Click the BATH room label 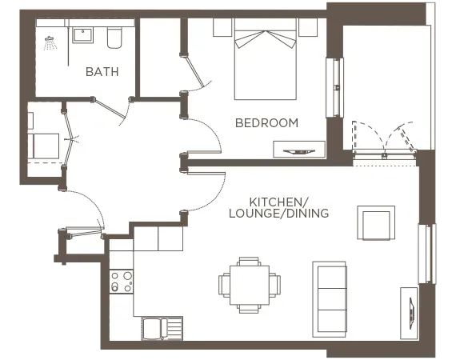(102, 71)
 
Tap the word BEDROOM (266, 122)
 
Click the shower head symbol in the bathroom (50, 40)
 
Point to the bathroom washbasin (82, 35)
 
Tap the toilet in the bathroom (114, 37)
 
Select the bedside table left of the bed (222, 26)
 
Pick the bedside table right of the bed (308, 26)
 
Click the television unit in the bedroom (300, 150)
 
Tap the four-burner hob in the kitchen (122, 282)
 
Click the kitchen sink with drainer (162, 328)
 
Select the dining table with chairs (249, 284)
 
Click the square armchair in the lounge (376, 223)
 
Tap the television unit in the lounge (410, 306)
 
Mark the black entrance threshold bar (83, 265)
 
